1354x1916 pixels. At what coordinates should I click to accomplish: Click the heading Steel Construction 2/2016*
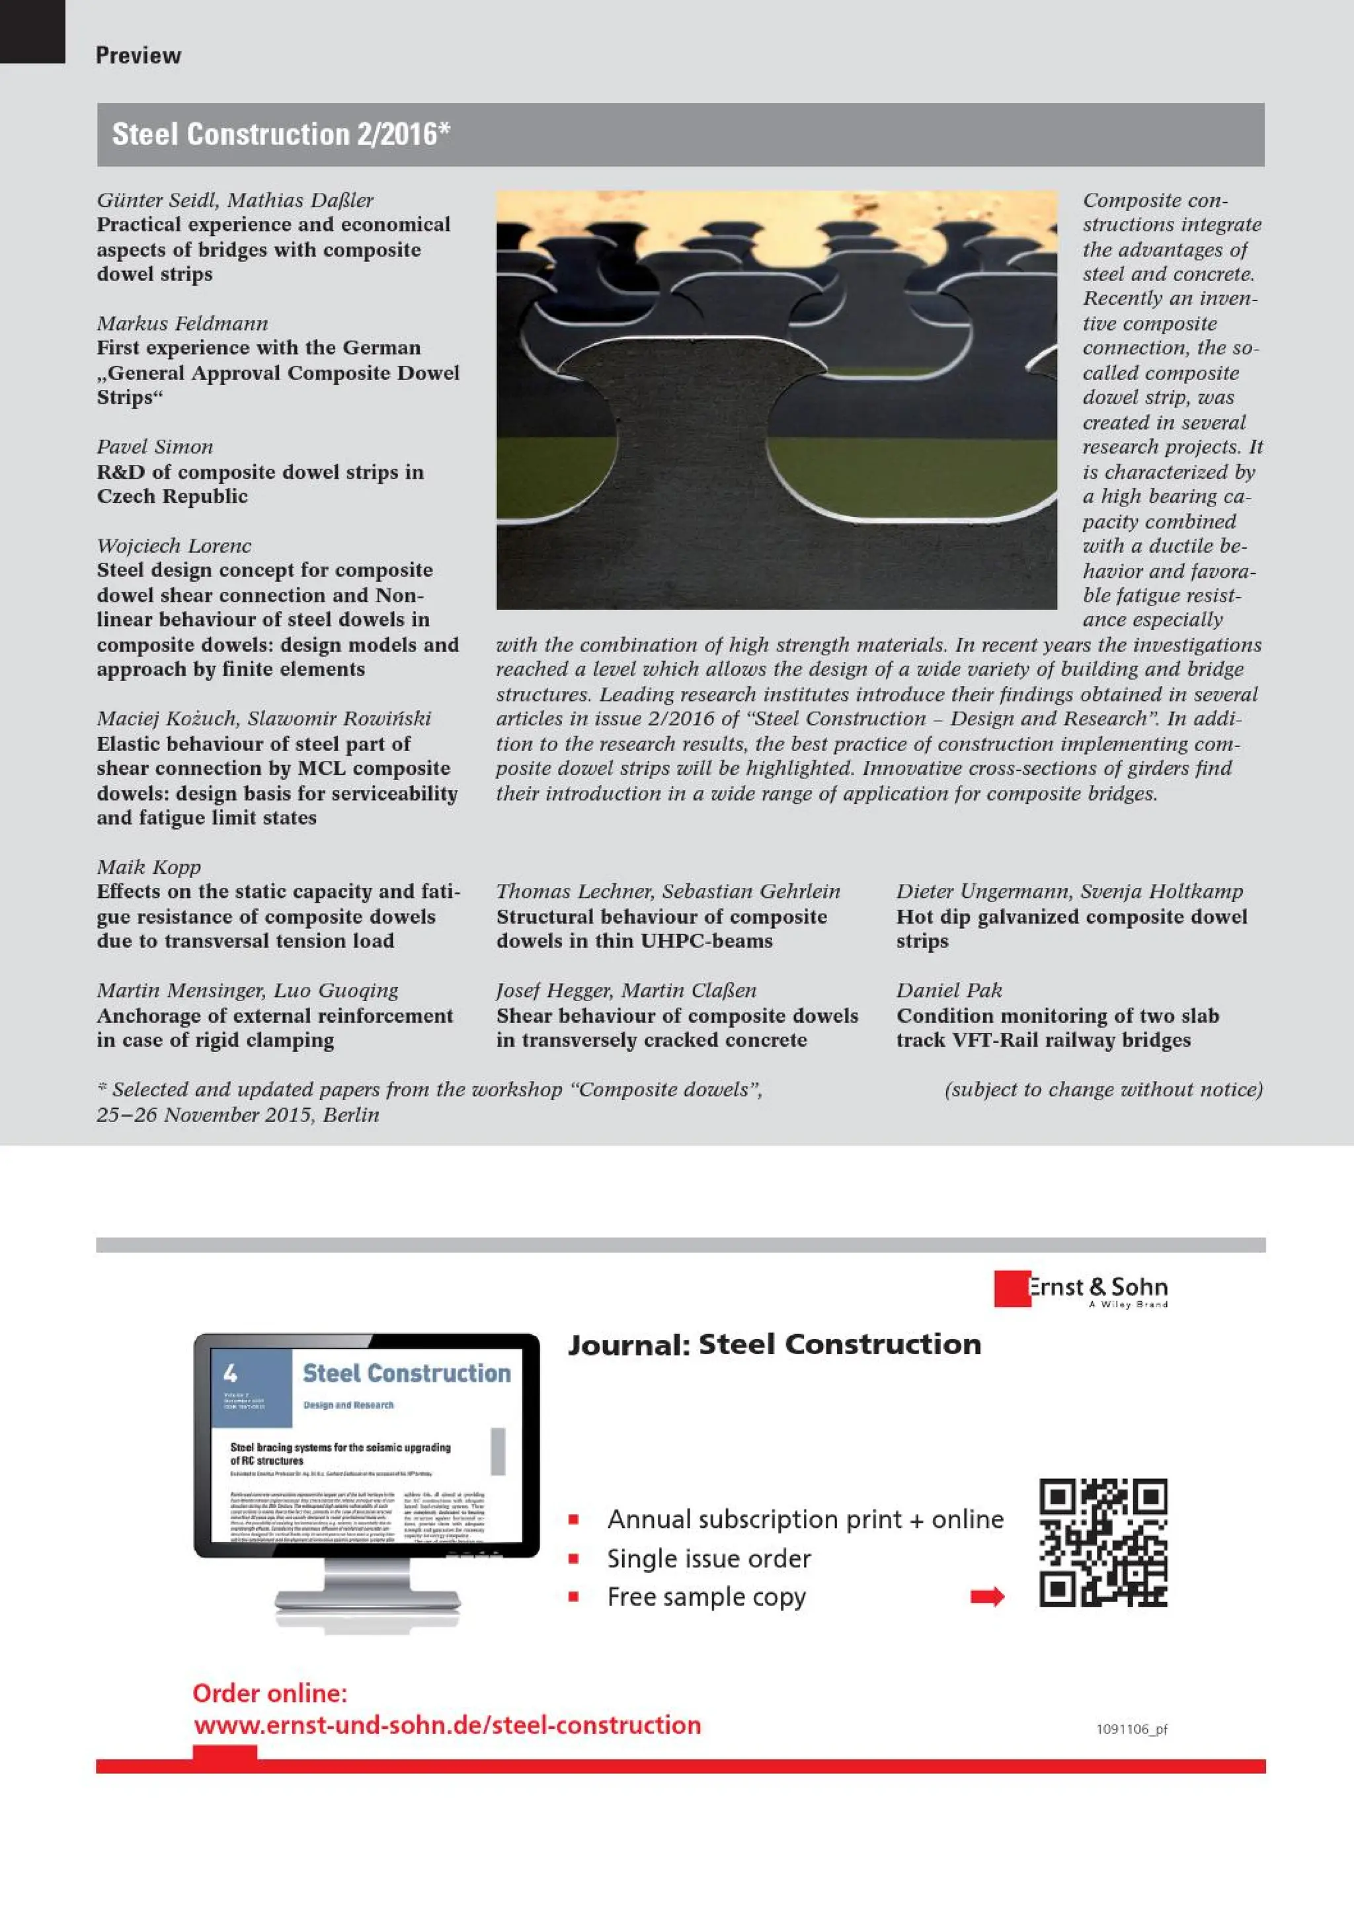tap(281, 134)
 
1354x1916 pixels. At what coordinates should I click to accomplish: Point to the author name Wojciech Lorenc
tap(173, 545)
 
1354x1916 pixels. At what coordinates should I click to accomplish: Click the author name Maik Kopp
tap(149, 867)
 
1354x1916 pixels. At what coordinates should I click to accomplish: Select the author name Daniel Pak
tap(949, 990)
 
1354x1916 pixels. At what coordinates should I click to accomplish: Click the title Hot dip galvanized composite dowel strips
tap(1070, 928)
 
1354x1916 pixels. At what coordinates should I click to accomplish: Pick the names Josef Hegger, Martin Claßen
tap(625, 990)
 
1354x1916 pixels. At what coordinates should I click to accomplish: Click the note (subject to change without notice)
tap(1103, 1089)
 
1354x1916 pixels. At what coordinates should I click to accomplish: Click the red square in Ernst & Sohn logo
tap(1010, 1289)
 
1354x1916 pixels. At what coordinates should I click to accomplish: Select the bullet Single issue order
tap(708, 1558)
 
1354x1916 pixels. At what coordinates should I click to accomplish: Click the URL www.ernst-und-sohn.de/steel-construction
tap(447, 1725)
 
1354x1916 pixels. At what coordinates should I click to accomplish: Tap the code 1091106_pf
tap(1131, 1729)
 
